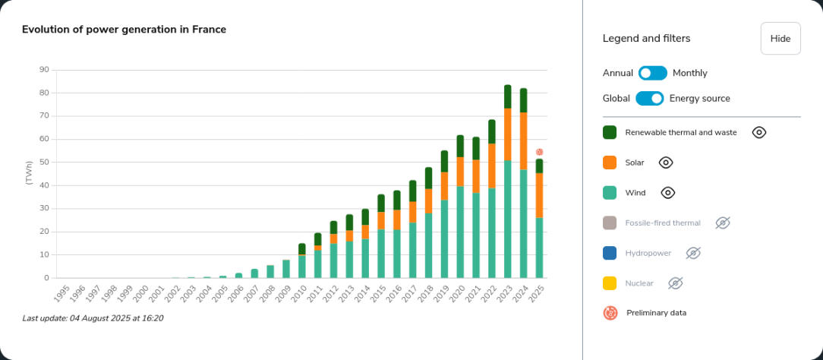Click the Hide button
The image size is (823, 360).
point(780,39)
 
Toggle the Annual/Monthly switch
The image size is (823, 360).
point(652,73)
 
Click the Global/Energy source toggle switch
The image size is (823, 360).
point(650,98)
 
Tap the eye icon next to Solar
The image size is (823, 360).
point(666,163)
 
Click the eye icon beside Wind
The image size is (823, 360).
point(668,193)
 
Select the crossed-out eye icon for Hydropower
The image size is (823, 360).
point(693,253)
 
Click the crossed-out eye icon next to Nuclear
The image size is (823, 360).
point(676,283)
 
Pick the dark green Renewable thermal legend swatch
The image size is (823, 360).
point(610,132)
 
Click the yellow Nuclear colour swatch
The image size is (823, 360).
point(610,283)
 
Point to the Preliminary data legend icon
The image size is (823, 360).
point(610,312)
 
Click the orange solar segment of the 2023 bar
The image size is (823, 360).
point(507,134)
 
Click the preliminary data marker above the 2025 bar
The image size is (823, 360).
point(539,152)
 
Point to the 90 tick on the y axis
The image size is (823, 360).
point(44,70)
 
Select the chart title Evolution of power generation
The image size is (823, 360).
point(124,30)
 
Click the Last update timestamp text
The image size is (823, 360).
point(93,318)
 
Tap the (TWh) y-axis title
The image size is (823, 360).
point(29,174)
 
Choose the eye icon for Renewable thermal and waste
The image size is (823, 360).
point(759,132)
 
